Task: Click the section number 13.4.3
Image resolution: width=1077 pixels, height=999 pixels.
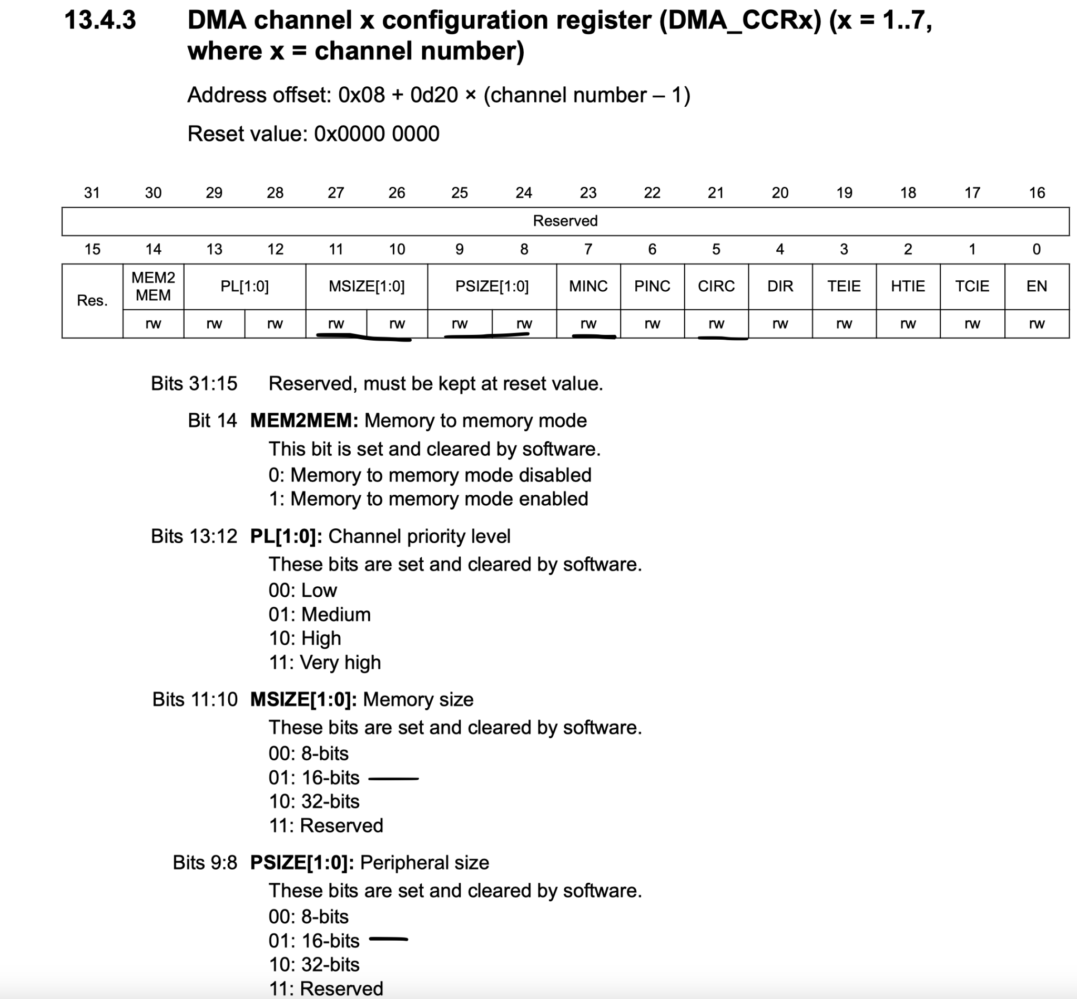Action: (100, 21)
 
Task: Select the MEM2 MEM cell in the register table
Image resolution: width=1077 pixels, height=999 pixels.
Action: (153, 286)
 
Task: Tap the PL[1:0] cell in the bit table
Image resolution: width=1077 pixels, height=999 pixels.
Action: (245, 286)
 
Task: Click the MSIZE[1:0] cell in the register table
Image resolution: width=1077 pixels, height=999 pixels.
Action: (367, 286)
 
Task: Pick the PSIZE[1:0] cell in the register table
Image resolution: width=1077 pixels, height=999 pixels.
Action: (492, 286)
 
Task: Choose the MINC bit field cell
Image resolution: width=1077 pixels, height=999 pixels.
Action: (588, 286)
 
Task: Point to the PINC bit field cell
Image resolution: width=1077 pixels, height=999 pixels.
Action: (652, 286)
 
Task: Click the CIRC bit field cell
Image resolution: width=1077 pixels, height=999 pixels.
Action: (716, 286)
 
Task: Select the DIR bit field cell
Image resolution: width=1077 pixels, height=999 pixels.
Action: (780, 286)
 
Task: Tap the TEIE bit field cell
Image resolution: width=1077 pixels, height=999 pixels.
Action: (844, 286)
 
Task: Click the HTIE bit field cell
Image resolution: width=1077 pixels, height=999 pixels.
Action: (908, 286)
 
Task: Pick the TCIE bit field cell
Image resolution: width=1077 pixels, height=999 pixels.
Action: (972, 286)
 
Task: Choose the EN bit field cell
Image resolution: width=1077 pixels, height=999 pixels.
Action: (1037, 286)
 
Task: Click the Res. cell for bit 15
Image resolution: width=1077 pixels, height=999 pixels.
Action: (92, 301)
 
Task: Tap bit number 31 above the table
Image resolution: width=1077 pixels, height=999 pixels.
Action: (92, 192)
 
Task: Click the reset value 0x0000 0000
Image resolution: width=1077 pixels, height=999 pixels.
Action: (377, 134)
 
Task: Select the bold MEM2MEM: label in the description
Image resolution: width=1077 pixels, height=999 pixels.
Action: (304, 421)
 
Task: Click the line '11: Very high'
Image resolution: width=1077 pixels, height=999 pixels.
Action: (325, 662)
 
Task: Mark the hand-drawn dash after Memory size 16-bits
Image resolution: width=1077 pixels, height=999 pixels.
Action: (393, 779)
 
